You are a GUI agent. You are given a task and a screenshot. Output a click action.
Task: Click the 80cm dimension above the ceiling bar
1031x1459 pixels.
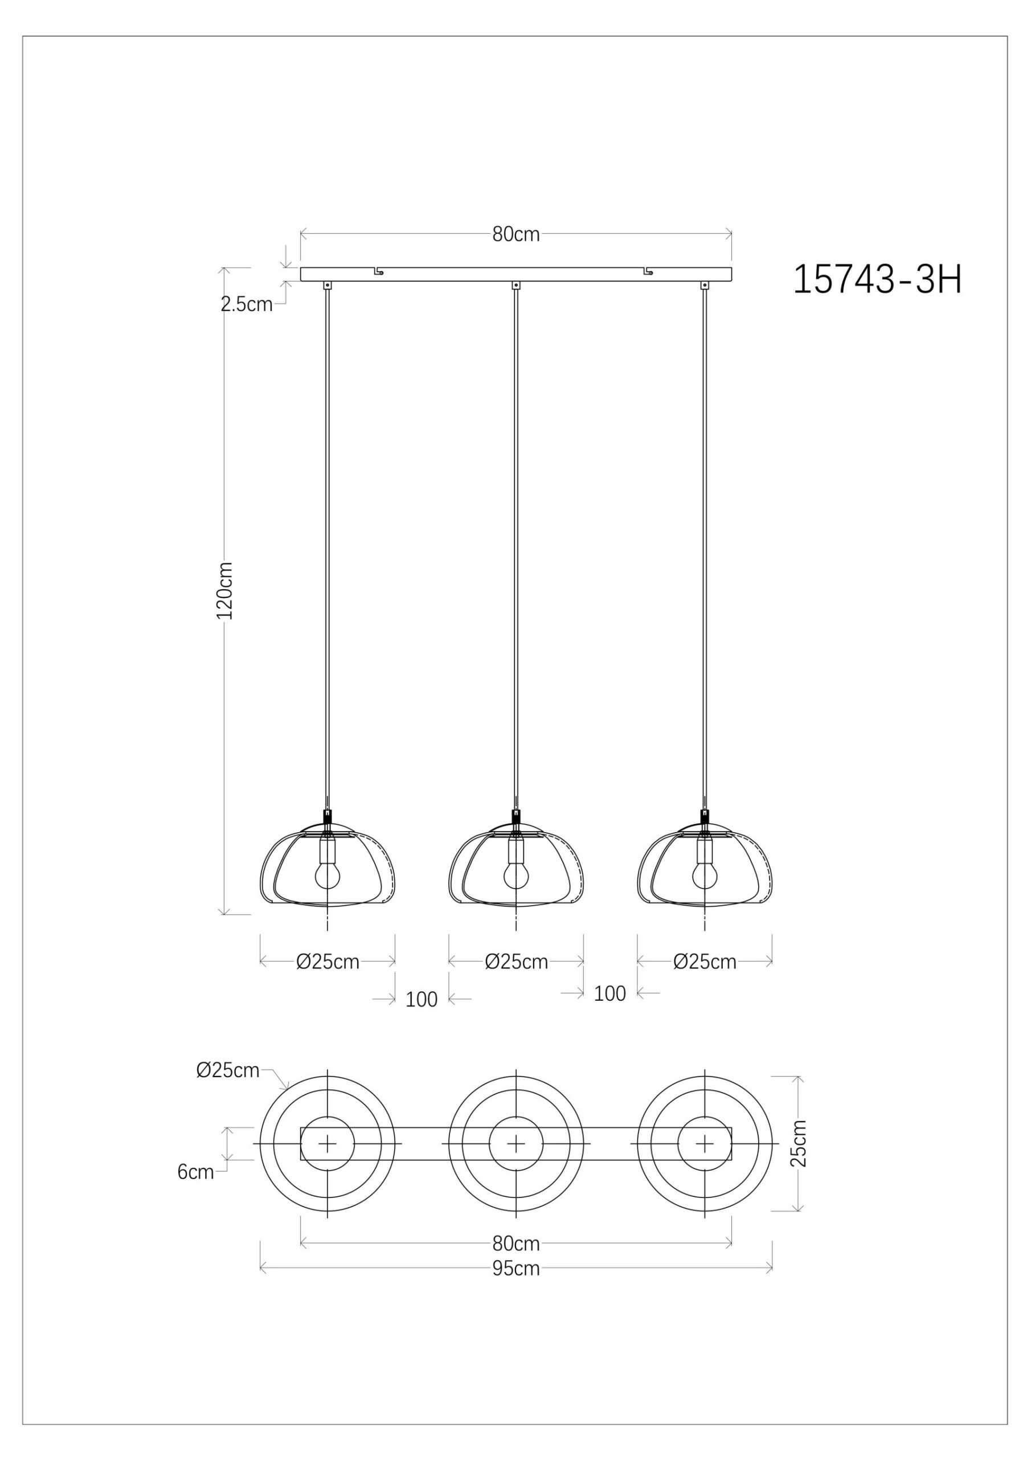pos(516,234)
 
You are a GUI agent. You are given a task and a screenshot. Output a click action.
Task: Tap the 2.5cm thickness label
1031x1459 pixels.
pos(247,304)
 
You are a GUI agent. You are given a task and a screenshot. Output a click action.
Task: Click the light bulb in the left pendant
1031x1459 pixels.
pos(328,877)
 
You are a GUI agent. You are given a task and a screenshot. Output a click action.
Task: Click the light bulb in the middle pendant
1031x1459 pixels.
pos(516,877)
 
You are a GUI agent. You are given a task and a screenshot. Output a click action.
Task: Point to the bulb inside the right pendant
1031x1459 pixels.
pos(705,877)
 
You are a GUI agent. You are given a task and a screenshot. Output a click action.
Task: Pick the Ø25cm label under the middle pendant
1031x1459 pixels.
pos(516,962)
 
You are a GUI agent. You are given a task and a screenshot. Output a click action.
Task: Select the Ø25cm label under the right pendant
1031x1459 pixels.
pos(705,962)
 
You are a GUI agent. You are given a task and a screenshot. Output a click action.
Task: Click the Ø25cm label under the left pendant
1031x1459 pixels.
pos(328,962)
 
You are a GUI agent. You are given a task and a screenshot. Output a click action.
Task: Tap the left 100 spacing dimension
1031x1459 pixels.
pos(421,1000)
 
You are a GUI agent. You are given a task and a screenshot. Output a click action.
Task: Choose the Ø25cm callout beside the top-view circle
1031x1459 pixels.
pos(228,1071)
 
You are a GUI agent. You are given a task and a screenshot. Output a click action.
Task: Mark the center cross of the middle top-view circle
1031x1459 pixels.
pos(516,1144)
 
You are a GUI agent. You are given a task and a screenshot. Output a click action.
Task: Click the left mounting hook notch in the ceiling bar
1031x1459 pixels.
pos(379,272)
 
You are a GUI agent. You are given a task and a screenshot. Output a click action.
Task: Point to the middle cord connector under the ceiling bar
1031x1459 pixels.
pos(516,286)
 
